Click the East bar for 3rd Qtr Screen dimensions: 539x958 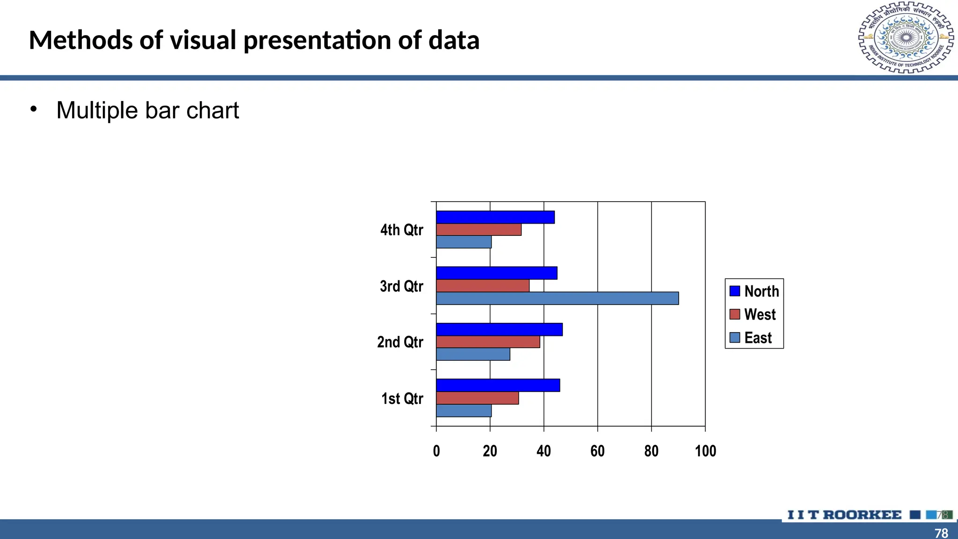pyautogui.click(x=557, y=299)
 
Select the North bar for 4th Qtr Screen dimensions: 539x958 pyautogui.click(x=495, y=217)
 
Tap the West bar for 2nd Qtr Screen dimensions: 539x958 pyautogui.click(x=488, y=342)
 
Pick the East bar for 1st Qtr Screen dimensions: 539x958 pyautogui.click(x=464, y=411)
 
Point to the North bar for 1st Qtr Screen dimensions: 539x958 pyautogui.click(x=498, y=386)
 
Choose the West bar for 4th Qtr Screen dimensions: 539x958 pyautogui.click(x=479, y=230)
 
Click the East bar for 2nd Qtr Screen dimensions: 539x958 pyautogui.click(x=473, y=355)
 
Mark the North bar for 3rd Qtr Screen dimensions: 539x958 pyautogui.click(x=496, y=273)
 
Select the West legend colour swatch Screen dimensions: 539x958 pyautogui.click(x=735, y=314)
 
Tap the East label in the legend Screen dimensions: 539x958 pyautogui.click(x=758, y=338)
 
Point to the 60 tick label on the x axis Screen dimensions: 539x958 pyautogui.click(x=597, y=451)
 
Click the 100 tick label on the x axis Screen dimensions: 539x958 pyautogui.click(x=705, y=451)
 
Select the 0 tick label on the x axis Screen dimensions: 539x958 pyautogui.click(x=436, y=451)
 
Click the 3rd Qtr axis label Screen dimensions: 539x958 pyautogui.click(x=401, y=286)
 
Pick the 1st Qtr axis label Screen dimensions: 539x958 pyautogui.click(x=402, y=399)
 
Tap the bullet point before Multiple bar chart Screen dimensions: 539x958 pyautogui.click(x=33, y=109)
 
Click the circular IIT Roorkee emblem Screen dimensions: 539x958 pyautogui.click(x=906, y=37)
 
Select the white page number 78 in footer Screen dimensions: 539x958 pyautogui.click(x=941, y=533)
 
